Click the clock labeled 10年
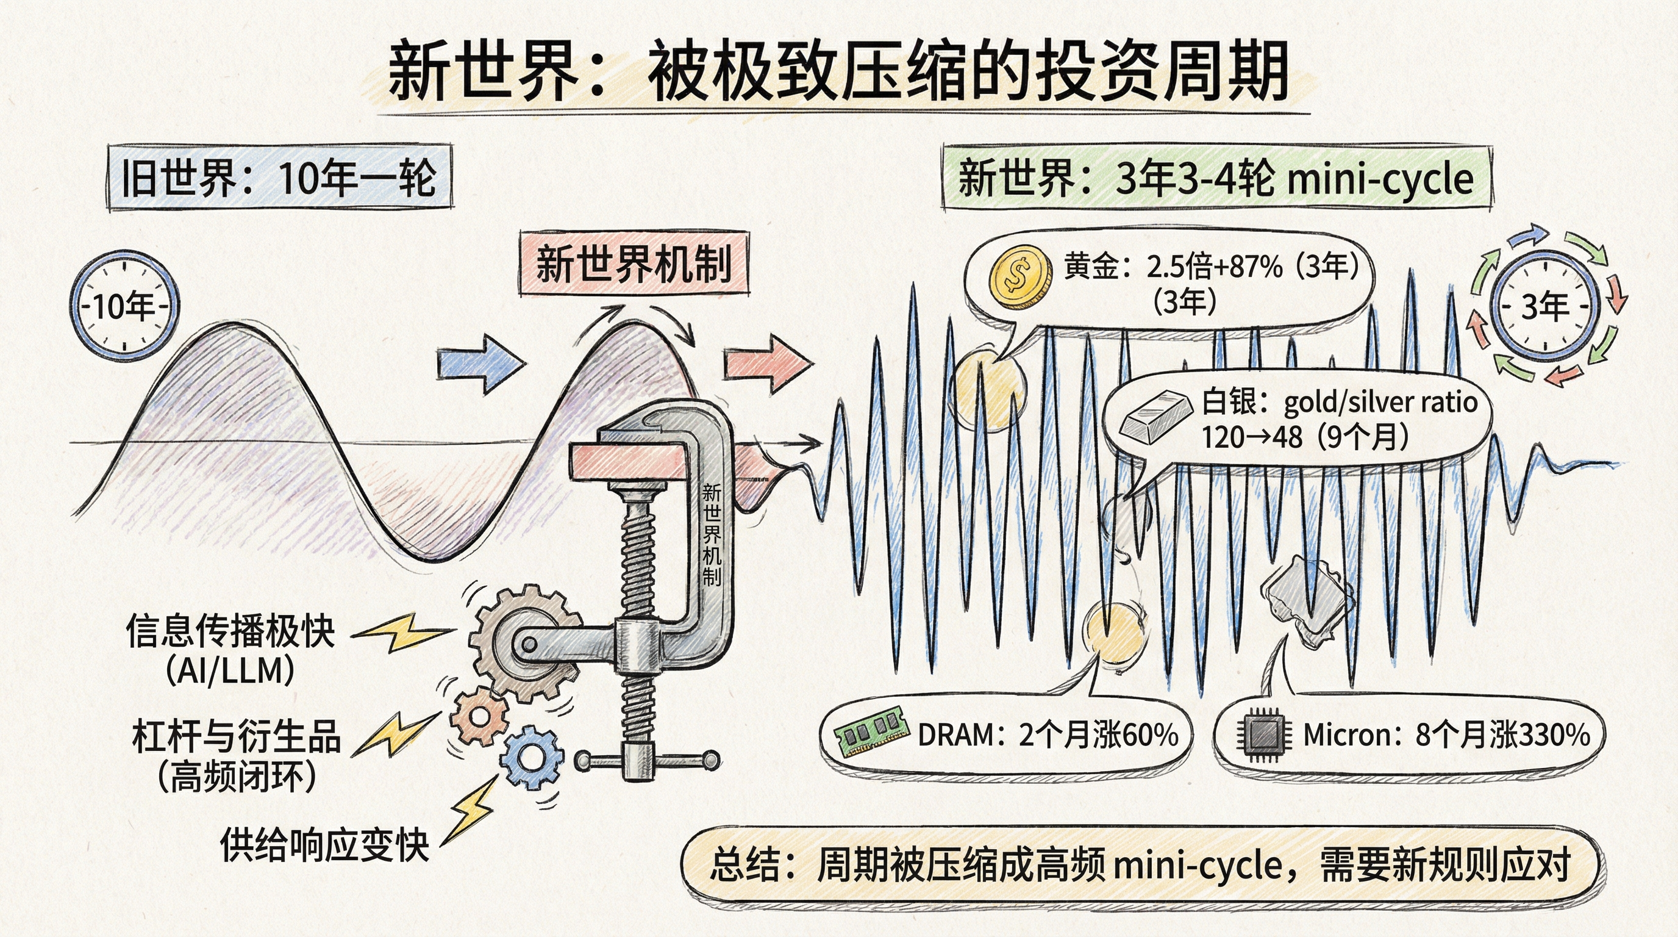124,306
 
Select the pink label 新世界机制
634,264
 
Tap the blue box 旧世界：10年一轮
279,178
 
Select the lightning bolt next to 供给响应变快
474,808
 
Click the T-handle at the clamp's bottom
646,759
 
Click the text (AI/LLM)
229,670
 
